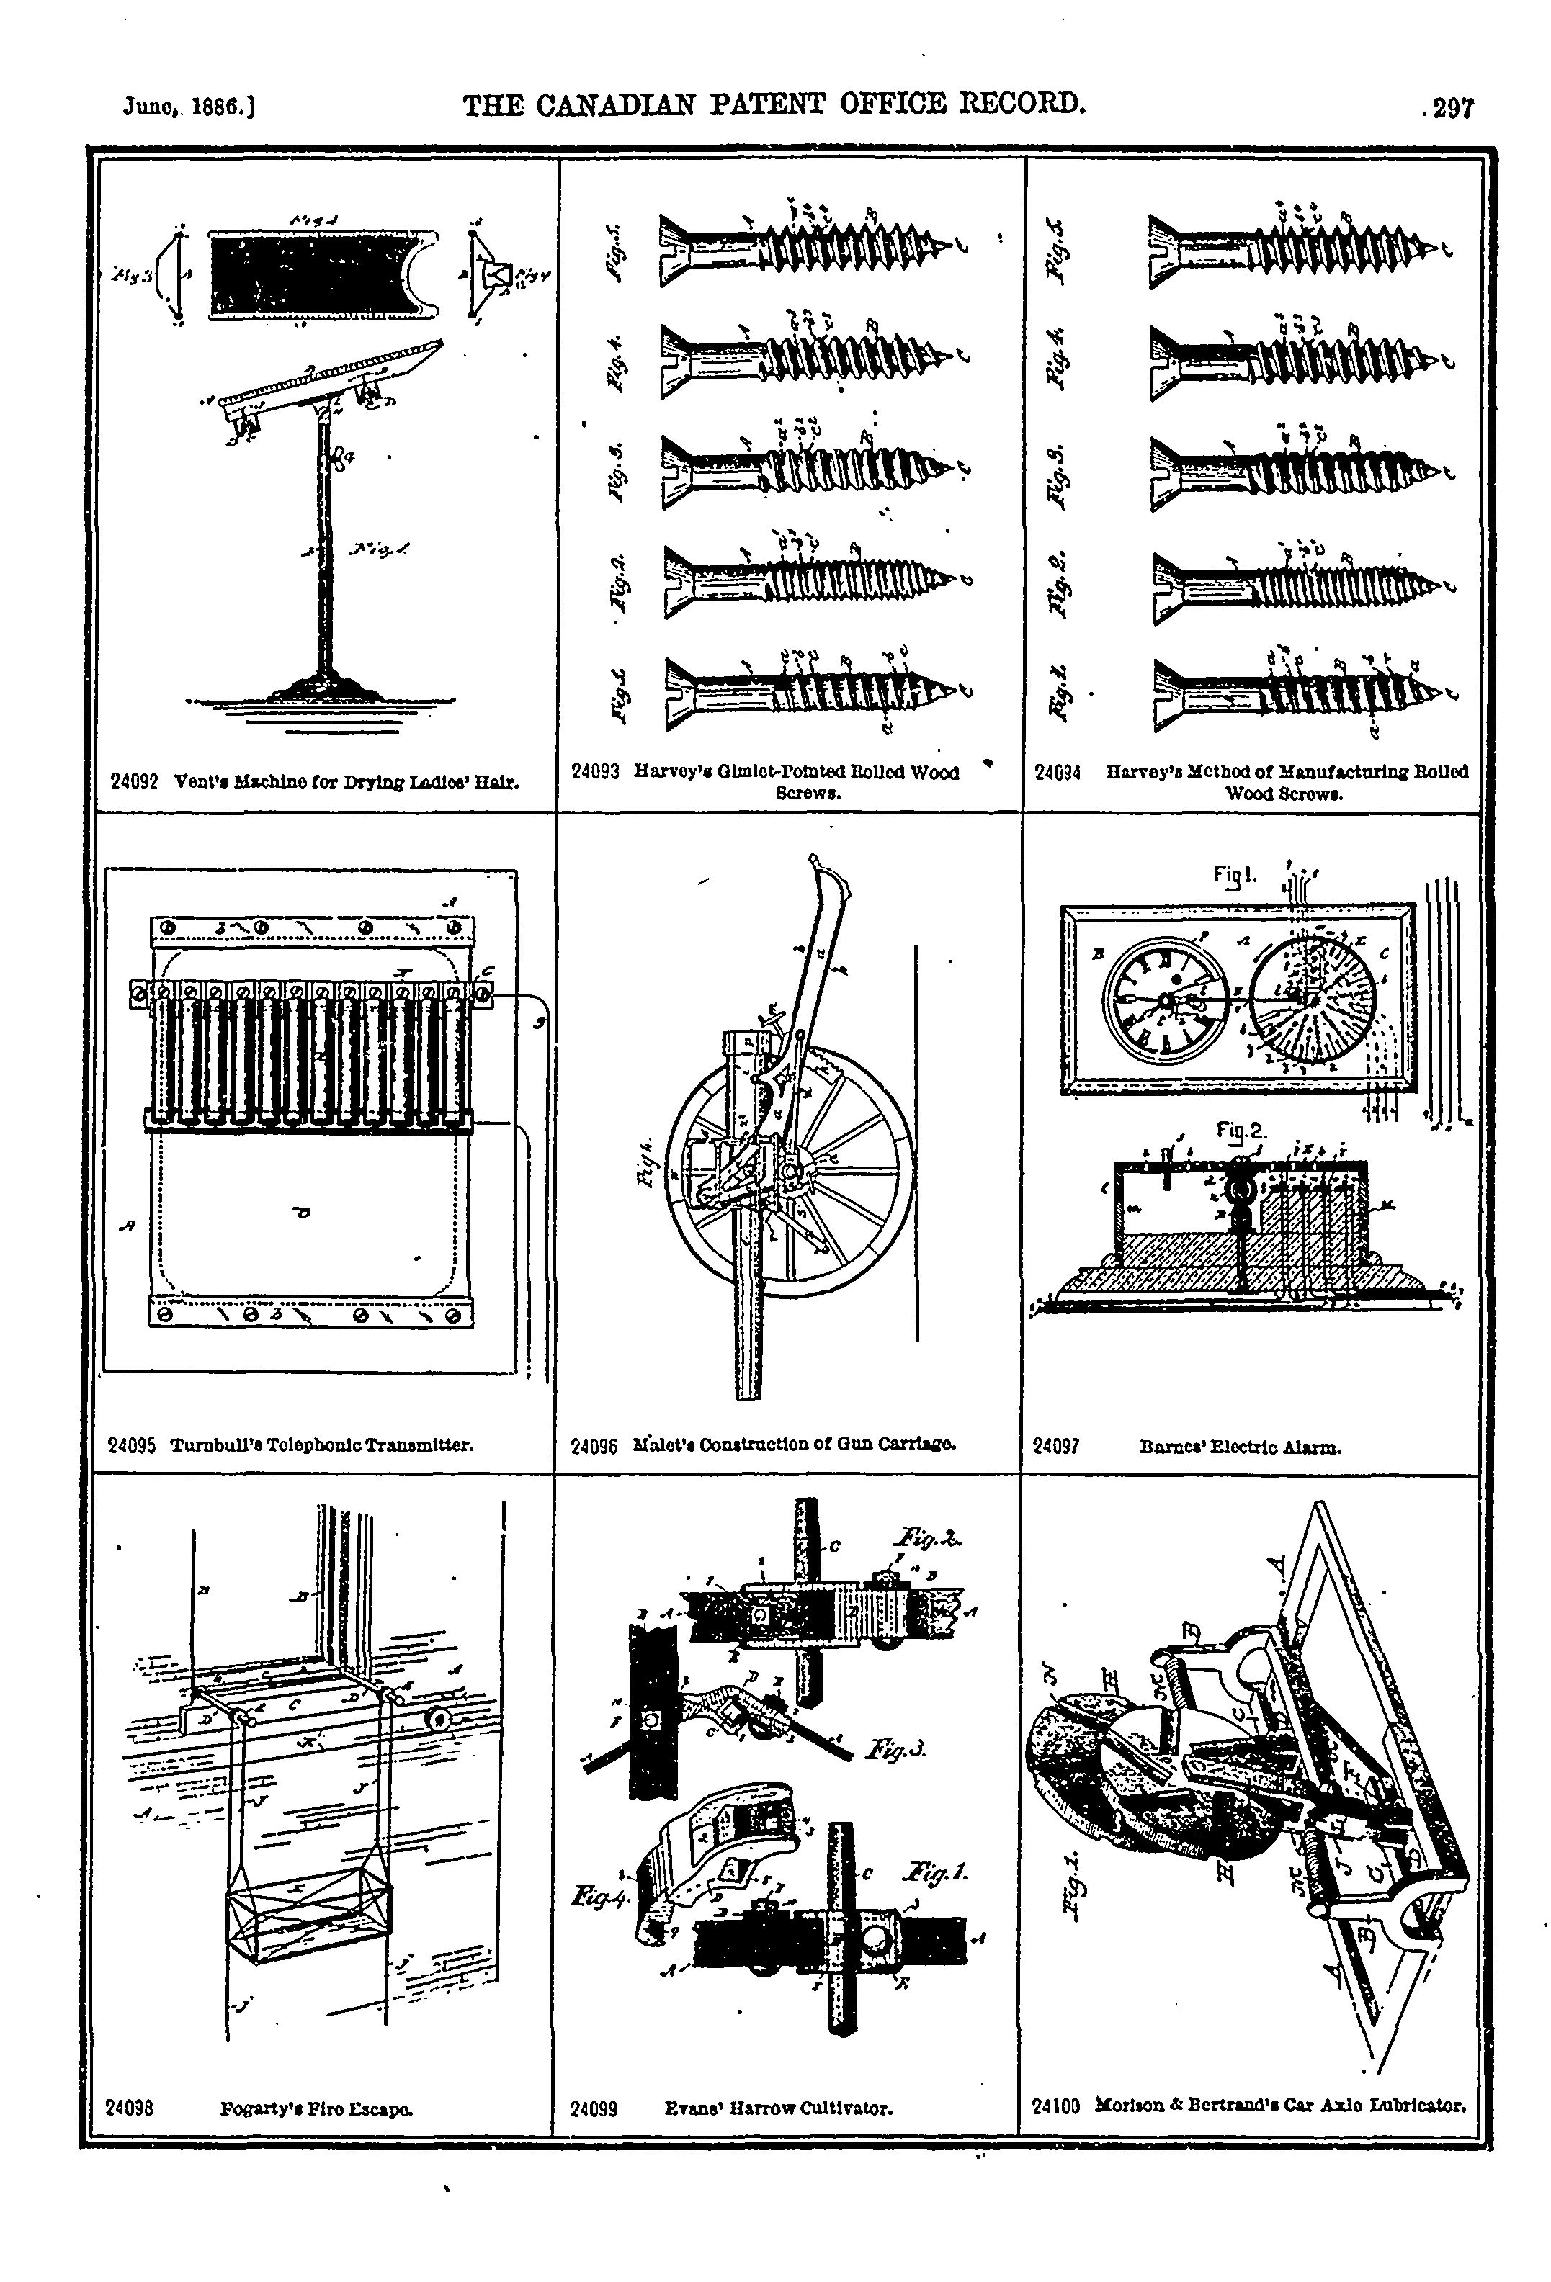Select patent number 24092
pos(135,783)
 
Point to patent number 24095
pos(132,1445)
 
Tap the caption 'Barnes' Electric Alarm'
pos(1240,1447)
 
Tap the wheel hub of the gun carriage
pos(791,1172)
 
